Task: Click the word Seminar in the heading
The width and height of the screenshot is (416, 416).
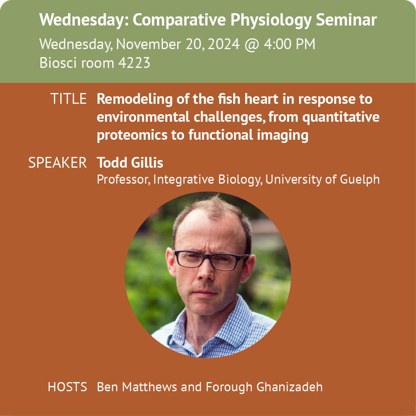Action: [x=346, y=20]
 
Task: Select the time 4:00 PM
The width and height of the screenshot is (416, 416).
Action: [x=289, y=44]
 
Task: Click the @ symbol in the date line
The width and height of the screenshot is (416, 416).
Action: [x=252, y=45]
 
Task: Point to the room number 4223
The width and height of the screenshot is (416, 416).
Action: [x=134, y=63]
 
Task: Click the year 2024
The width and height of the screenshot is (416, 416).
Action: [x=224, y=44]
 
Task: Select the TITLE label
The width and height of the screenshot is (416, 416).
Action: [x=69, y=99]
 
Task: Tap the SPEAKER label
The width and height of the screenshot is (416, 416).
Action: [x=57, y=162]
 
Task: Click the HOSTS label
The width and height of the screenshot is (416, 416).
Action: [x=67, y=387]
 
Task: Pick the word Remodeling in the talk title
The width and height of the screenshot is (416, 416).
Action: [x=135, y=99]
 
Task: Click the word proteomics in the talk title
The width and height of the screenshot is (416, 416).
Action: [x=132, y=135]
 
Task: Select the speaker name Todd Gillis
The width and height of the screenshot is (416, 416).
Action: [x=130, y=162]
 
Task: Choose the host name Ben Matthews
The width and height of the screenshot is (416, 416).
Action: [x=137, y=387]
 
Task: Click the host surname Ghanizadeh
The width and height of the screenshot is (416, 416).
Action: [x=289, y=387]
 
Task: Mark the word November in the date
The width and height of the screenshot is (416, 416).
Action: [x=149, y=44]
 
